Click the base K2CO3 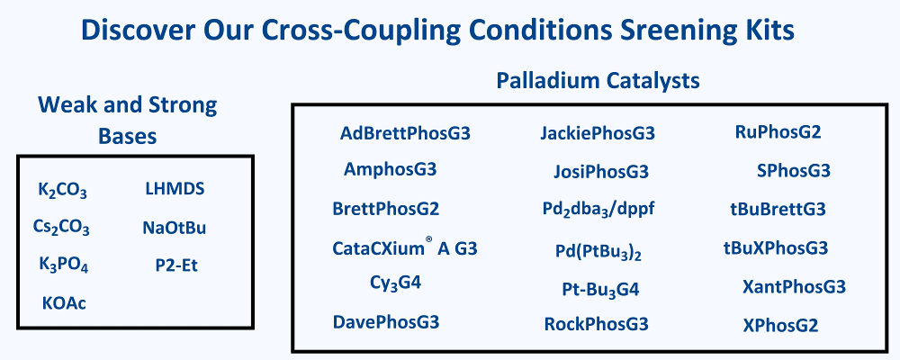63,190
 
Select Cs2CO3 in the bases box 61,228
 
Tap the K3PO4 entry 63,265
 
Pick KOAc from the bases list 64,302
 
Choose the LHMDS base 175,188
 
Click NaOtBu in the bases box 175,228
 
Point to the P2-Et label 176,265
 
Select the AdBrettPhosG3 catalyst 405,134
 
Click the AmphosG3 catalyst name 391,169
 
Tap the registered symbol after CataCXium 428,242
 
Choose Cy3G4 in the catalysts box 396,283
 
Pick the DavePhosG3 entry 386,321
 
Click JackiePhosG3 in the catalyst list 598,134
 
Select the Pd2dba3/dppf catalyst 598,210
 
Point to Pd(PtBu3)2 598,252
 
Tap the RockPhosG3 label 597,324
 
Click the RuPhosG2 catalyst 778,132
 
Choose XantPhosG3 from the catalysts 794,286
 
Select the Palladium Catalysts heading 598,81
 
